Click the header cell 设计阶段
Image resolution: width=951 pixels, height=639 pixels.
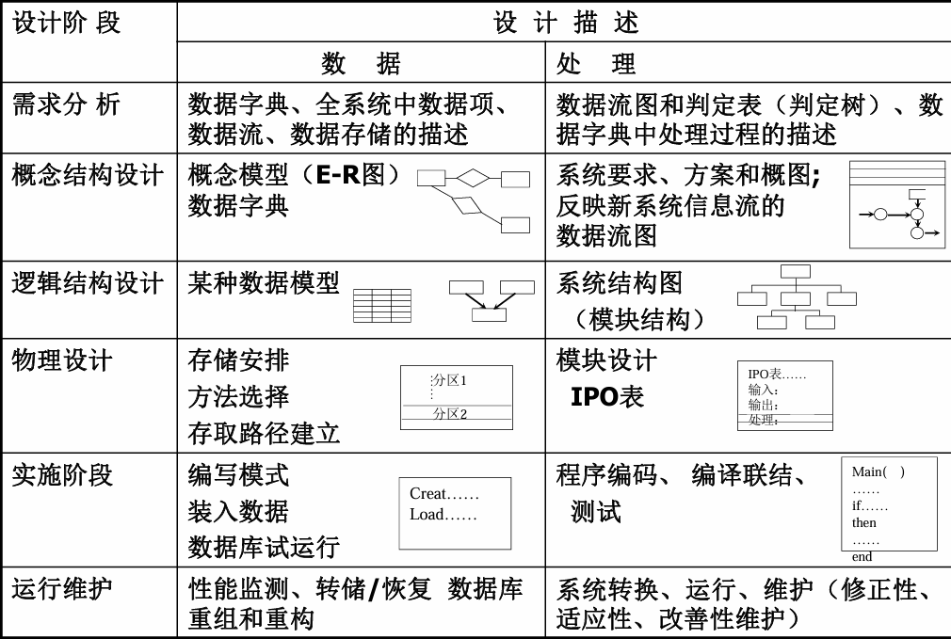pos(66,23)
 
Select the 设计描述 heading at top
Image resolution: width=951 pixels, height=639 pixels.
pos(566,23)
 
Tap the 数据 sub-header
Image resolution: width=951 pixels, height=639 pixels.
pos(361,63)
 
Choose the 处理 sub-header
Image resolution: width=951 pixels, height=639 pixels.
pos(596,63)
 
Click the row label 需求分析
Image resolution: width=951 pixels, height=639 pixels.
pos(66,104)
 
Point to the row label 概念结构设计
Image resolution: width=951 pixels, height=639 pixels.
pos(88,175)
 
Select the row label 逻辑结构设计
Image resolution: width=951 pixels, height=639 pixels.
pos(88,283)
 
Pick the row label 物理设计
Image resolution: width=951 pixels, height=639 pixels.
pos(62,360)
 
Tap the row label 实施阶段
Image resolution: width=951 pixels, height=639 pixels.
pos(62,474)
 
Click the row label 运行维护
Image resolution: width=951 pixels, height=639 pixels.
pos(62,589)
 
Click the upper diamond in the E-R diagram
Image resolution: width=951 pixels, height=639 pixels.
pos(473,178)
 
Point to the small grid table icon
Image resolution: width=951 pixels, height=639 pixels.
pos(382,306)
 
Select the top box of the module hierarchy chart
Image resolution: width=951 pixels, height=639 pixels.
pos(795,271)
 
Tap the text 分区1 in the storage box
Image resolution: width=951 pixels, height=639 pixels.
pos(449,381)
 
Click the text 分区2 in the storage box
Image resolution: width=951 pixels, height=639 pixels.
pos(449,414)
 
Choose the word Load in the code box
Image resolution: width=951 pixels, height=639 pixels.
pos(427,514)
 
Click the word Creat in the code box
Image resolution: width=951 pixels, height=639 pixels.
pos(427,493)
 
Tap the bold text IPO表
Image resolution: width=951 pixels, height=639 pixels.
pos(607,396)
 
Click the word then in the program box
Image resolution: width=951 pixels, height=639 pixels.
pos(863,522)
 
